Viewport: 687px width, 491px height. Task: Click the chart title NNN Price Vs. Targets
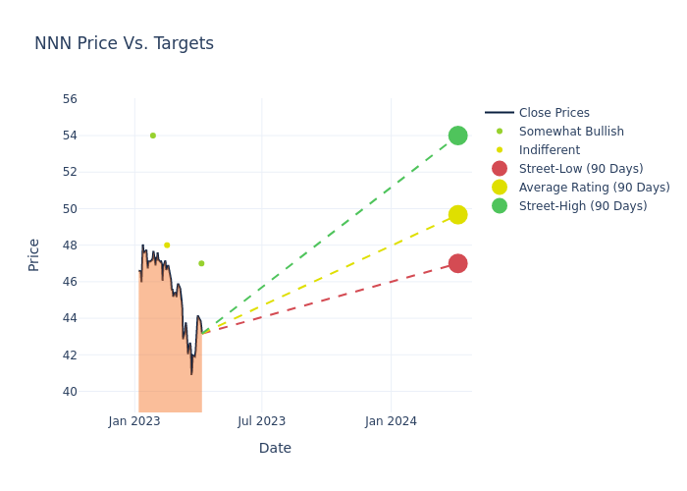(x=124, y=43)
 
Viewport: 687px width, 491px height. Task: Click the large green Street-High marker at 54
(x=457, y=136)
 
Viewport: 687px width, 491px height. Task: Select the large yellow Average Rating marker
(x=457, y=214)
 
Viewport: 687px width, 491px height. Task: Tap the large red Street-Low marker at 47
(x=457, y=263)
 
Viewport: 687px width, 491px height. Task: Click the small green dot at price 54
(x=153, y=136)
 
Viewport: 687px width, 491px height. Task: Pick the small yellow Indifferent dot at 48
(x=167, y=245)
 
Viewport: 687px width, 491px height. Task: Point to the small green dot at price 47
(x=201, y=263)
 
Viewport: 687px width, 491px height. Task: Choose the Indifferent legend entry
(x=549, y=150)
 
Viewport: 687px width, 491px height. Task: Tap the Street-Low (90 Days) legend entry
(x=581, y=169)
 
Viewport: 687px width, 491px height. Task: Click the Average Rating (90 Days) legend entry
(x=594, y=188)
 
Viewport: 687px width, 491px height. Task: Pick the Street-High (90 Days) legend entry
(x=583, y=206)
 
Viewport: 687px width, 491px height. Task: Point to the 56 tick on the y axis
(x=70, y=99)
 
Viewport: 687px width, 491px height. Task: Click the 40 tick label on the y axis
(x=70, y=392)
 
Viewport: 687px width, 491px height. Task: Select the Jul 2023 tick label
(x=262, y=421)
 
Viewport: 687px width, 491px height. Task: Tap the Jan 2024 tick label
(x=391, y=421)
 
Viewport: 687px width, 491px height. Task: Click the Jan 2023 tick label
(x=134, y=421)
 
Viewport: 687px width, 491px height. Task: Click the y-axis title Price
(x=34, y=254)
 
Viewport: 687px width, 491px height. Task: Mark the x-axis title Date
(x=275, y=448)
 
